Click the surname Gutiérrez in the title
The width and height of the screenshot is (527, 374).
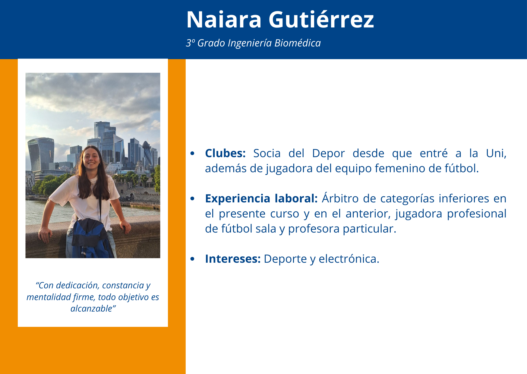(x=321, y=20)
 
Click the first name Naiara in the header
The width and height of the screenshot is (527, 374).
(x=224, y=20)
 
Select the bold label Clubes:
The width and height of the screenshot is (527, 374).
(x=225, y=153)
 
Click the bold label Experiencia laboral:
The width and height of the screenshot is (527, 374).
(x=261, y=198)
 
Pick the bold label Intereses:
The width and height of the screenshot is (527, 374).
(x=233, y=259)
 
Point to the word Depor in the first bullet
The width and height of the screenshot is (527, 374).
(x=328, y=153)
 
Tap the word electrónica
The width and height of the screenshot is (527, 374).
(x=349, y=259)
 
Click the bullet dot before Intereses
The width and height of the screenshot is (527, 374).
(x=192, y=259)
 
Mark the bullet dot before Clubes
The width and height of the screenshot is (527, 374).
(x=192, y=153)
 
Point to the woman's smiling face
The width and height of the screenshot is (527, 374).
(x=91, y=158)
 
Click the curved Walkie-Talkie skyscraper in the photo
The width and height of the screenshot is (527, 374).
(x=41, y=154)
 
